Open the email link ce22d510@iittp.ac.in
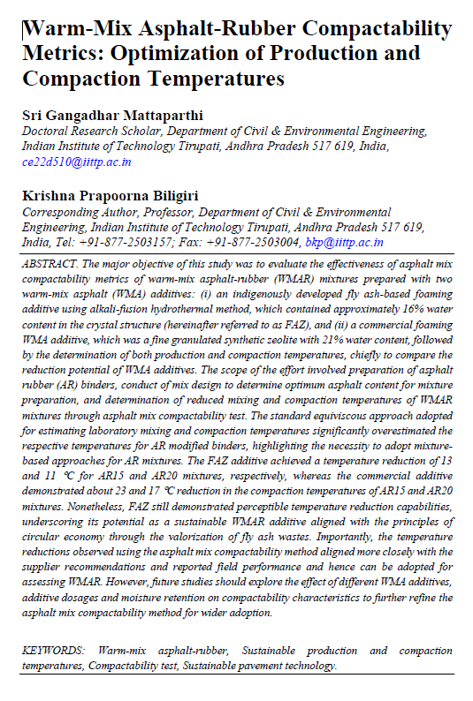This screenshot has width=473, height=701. coord(76,162)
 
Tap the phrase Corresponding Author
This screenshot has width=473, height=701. coord(79,212)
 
